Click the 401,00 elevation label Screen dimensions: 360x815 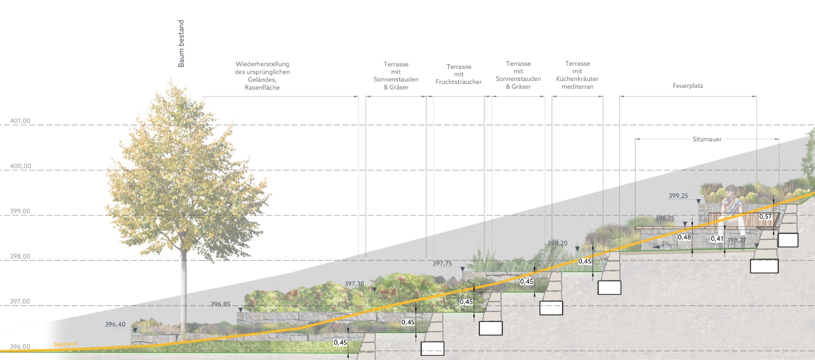coord(20,121)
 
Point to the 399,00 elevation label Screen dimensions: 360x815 coord(20,211)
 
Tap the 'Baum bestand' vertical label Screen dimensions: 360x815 coord(181,44)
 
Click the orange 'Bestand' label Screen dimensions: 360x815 coord(65,344)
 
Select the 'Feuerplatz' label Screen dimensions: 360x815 coord(688,86)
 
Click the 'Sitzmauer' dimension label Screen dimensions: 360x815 coord(707,139)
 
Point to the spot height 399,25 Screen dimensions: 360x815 coord(678,196)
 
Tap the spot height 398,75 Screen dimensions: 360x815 coord(664,218)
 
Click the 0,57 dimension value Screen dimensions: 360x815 coord(765,217)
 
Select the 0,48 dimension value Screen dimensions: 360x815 coord(684,237)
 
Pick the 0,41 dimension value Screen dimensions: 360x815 coord(717,239)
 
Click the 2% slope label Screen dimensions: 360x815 coord(666,244)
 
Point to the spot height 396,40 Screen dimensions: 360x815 coord(115,324)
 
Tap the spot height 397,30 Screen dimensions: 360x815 coord(354,284)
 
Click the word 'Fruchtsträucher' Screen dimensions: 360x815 coord(458,82)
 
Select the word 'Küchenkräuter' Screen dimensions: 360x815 coord(577,79)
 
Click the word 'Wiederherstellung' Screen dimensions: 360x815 coord(262,64)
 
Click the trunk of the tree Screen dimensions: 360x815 coord(184,289)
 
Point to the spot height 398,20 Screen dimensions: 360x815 coord(557,243)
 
